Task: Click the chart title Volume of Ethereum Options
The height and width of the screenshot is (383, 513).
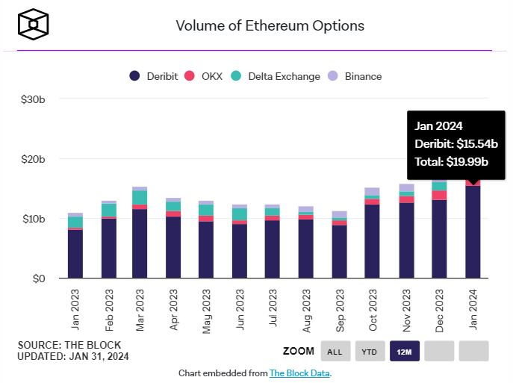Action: click(x=270, y=25)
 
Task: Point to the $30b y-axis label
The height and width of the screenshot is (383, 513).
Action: click(x=32, y=99)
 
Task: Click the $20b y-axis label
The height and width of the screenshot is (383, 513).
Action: click(x=32, y=159)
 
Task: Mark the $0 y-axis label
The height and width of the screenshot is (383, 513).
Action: click(x=37, y=278)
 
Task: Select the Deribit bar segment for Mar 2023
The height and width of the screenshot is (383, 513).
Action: click(x=140, y=243)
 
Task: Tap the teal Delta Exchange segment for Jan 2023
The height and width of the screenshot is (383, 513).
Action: click(x=75, y=222)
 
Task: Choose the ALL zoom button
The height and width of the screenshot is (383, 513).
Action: click(x=335, y=351)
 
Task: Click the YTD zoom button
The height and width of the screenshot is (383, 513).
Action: click(x=370, y=351)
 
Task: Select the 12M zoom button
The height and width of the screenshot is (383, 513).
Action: click(x=405, y=351)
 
